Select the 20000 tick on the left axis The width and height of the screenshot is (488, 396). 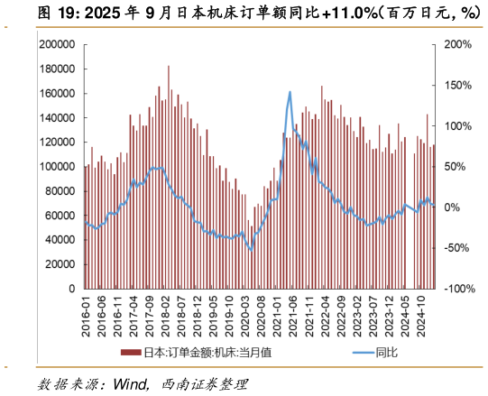pos(62,265)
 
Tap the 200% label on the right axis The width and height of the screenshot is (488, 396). pos(456,44)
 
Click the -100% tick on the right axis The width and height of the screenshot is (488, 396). pos(456,290)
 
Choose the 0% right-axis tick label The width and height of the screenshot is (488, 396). pos(452,207)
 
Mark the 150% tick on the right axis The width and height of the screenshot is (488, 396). pos(456,85)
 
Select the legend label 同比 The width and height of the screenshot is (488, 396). pos(386,353)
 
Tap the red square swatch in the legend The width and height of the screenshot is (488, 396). pos(131,353)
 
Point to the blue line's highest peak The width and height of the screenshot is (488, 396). pos(290,91)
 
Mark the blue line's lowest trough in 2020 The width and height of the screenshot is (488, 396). pos(251,249)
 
